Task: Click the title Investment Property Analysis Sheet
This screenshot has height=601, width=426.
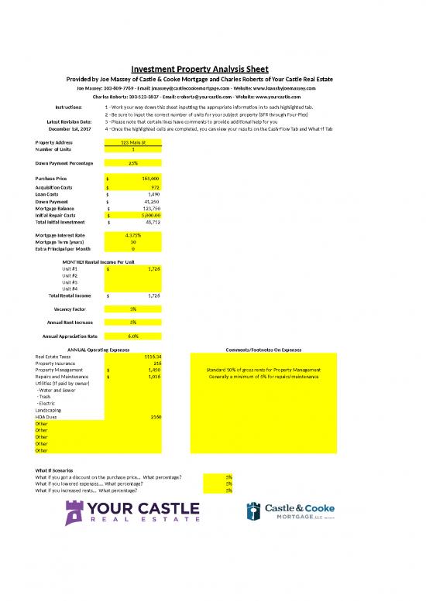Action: pyautogui.click(x=212, y=68)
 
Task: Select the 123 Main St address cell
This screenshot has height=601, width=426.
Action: pyautogui.click(x=133, y=143)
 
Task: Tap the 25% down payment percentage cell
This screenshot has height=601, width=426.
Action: pyautogui.click(x=133, y=163)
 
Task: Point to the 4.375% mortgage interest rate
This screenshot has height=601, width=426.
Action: pyautogui.click(x=133, y=234)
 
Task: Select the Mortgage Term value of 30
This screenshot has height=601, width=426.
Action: pyautogui.click(x=133, y=241)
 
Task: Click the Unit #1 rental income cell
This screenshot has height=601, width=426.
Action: pyautogui.click(x=133, y=268)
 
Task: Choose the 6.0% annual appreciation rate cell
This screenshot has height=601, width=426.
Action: pyautogui.click(x=133, y=336)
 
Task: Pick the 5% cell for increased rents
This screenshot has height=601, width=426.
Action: pyautogui.click(x=228, y=490)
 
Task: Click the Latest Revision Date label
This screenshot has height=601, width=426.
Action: pyautogui.click(x=70, y=121)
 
